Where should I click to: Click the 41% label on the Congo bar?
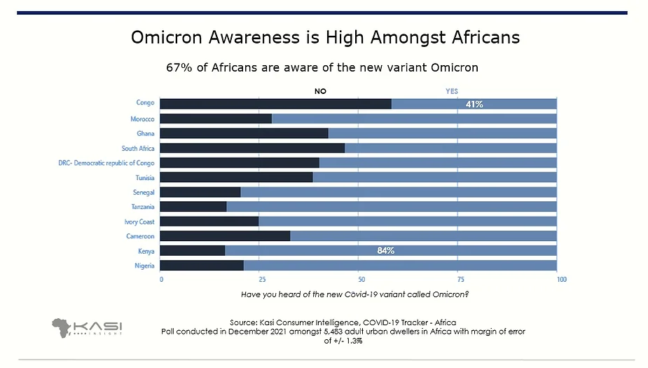[474, 104]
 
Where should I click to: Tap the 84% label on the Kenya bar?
[386, 251]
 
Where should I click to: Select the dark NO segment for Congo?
[275, 104]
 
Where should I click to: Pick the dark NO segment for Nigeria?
[202, 266]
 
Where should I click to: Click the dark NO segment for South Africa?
[252, 148]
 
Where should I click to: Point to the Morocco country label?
[142, 118]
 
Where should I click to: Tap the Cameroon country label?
[140, 236]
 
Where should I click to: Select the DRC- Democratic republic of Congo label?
[106, 163]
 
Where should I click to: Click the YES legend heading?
[452, 91]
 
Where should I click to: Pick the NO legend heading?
[320, 91]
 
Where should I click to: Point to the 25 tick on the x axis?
[260, 280]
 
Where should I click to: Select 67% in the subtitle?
[178, 68]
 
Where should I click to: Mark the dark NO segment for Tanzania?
[193, 207]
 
